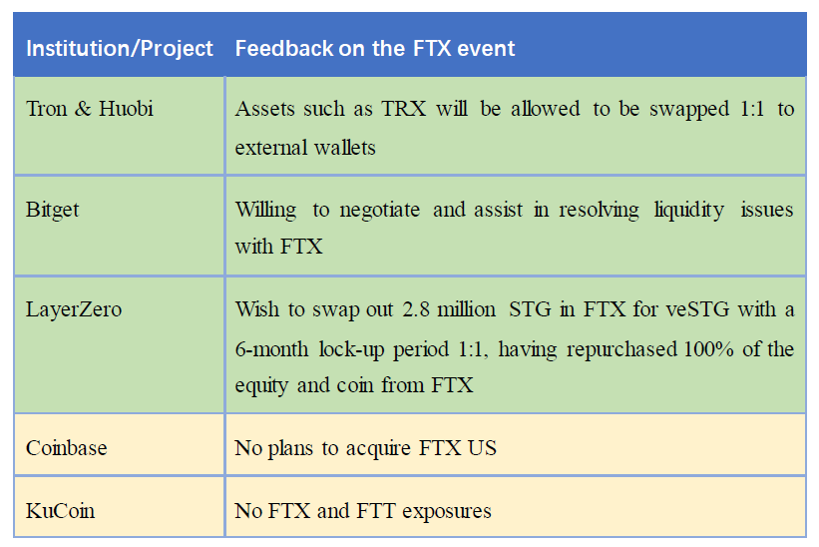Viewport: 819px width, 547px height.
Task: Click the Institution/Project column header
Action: (x=120, y=49)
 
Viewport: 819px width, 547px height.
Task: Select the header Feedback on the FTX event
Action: (x=375, y=49)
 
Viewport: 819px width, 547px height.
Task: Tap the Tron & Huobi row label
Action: (x=90, y=109)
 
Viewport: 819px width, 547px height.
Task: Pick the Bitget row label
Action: (x=52, y=210)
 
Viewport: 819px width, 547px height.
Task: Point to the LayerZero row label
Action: (x=74, y=309)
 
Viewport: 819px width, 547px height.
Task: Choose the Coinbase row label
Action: (x=66, y=448)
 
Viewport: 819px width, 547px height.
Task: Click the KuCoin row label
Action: (x=61, y=510)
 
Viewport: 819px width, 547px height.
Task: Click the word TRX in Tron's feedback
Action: (x=404, y=109)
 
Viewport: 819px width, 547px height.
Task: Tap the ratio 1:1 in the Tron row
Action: (x=752, y=109)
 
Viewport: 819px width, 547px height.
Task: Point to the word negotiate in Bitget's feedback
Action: (x=380, y=210)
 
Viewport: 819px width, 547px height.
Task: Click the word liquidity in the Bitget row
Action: (x=689, y=210)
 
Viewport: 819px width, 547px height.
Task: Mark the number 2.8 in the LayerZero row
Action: (x=416, y=309)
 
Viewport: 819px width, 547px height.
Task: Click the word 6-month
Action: (x=271, y=349)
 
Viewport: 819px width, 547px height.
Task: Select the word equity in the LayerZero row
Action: (x=261, y=386)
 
